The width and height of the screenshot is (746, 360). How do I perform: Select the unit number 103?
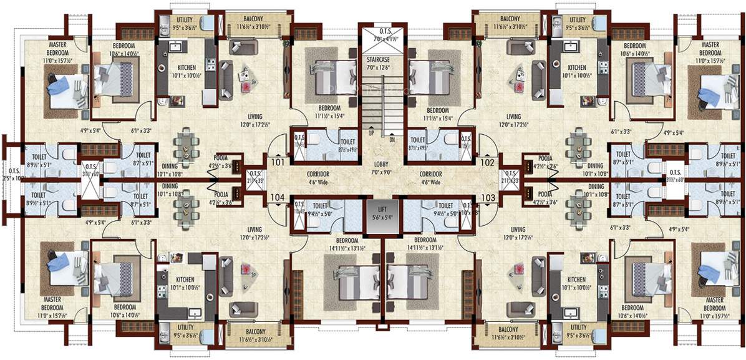point(488,198)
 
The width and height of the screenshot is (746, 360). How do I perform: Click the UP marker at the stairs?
point(372,133)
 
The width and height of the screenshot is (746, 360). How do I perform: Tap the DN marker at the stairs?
point(392,140)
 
